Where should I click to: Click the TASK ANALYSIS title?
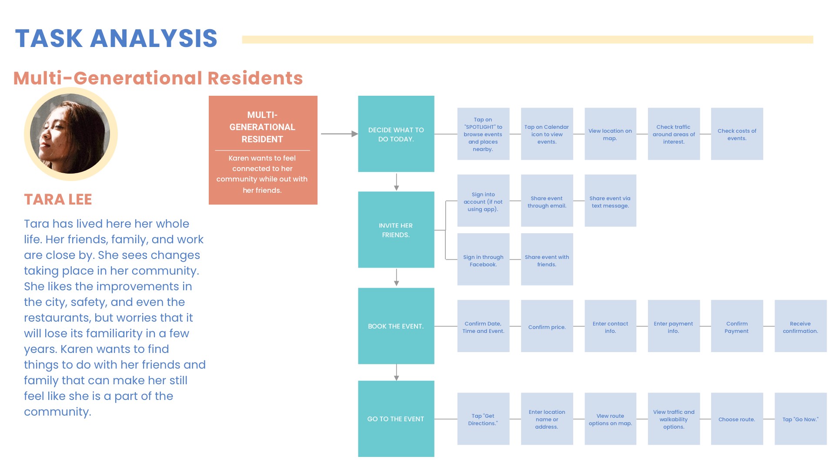[x=116, y=38]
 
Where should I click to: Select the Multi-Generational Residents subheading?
[x=158, y=78]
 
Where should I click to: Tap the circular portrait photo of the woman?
[x=70, y=134]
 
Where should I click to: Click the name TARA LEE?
[x=58, y=199]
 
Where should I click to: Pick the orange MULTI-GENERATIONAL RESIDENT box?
[x=263, y=150]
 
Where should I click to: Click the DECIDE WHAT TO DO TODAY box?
[x=396, y=134]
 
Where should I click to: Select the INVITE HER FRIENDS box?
[x=396, y=230]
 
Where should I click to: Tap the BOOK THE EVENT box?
[x=396, y=326]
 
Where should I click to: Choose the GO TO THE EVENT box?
[x=396, y=419]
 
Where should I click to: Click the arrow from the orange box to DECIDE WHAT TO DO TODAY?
[x=339, y=134]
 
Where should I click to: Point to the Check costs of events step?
[x=737, y=134]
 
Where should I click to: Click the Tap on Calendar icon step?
[x=547, y=134]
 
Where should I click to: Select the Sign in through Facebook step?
[x=483, y=259]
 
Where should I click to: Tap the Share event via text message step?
[x=611, y=201]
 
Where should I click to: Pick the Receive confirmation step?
[x=801, y=326]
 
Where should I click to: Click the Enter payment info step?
[x=674, y=326]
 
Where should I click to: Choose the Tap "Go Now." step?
[x=801, y=419]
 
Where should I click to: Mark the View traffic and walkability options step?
[x=674, y=419]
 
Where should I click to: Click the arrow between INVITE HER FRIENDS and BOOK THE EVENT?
[x=396, y=278]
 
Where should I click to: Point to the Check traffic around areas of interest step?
[x=674, y=134]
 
